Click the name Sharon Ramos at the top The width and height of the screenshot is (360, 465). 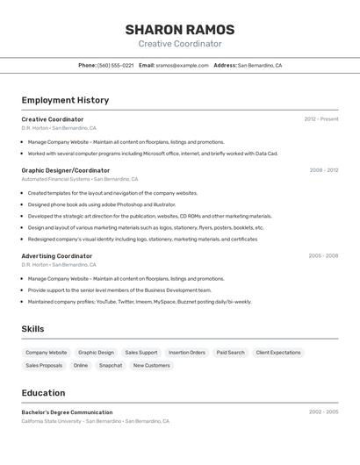[x=179, y=29]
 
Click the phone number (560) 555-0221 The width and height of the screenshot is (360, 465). [x=115, y=65]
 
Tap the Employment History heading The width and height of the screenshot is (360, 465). [x=65, y=100]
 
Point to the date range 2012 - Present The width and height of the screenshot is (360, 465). [x=321, y=119]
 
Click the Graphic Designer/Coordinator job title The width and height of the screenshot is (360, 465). [x=66, y=170]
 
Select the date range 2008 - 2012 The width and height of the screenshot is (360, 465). [x=323, y=170]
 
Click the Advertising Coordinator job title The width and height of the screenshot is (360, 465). [x=57, y=256]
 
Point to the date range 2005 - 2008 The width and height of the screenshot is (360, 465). [x=323, y=256]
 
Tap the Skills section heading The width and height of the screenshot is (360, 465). [x=33, y=329]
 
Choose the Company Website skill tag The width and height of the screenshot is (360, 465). [x=47, y=353]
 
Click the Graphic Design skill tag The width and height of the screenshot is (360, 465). [x=96, y=353]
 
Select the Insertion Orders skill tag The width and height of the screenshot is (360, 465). [x=187, y=353]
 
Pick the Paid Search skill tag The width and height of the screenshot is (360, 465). [x=231, y=353]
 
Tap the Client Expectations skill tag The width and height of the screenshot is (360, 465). [x=278, y=353]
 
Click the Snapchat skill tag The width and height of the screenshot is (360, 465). [x=111, y=366]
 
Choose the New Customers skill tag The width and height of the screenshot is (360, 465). [x=152, y=366]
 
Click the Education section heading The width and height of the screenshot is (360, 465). [x=44, y=393]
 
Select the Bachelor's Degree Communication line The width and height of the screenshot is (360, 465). [x=68, y=412]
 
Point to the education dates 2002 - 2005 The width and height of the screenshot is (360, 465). [x=323, y=412]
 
